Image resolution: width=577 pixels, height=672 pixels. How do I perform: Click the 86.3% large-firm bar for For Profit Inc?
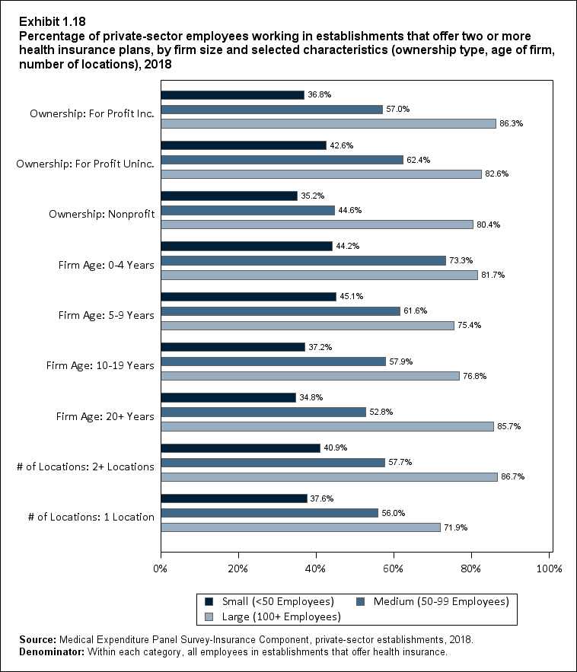coord(328,123)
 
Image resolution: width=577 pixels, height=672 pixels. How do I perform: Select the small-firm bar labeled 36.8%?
coord(232,95)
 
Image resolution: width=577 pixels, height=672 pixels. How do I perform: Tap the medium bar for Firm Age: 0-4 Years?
coord(303,260)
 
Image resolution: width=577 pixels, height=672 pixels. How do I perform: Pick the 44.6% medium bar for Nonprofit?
coord(247,210)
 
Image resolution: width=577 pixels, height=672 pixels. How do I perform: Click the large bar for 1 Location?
coord(301,527)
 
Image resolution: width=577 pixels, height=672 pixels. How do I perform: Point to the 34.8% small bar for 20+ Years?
coord(228,397)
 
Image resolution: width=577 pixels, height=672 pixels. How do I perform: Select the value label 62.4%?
coord(419,160)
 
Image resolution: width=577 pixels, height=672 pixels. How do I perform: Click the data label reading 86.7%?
coord(513,476)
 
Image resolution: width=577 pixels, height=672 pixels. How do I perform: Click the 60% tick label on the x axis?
coord(394,568)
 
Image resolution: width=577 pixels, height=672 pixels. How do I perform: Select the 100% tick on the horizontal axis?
coord(549,568)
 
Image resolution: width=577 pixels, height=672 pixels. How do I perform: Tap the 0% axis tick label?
coord(161,568)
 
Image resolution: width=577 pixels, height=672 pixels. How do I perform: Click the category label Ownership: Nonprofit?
coord(101,214)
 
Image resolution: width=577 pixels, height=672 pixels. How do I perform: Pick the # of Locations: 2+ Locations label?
coord(85,467)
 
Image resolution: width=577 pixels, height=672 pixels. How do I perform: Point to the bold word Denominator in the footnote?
coord(43,652)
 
